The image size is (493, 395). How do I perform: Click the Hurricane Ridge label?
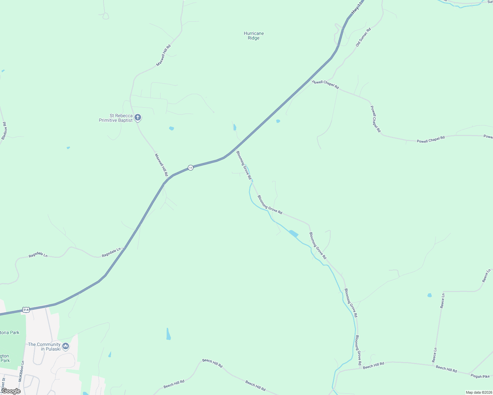tap(254, 36)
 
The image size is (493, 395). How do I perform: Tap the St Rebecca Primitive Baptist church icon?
tap(138, 118)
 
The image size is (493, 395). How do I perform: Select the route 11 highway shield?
tap(190, 168)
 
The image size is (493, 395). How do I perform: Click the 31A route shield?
tap(26, 310)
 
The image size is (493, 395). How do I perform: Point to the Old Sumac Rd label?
tap(363, 37)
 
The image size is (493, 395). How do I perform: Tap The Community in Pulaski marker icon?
tap(66, 346)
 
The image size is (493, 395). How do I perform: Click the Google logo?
tap(11, 391)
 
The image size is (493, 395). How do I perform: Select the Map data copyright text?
tap(478, 392)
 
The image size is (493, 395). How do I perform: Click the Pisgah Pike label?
tap(480, 376)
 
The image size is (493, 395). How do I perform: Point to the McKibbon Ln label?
tap(21, 371)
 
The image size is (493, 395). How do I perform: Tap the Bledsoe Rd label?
tap(4, 131)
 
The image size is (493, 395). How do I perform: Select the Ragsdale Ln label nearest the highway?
tap(111, 253)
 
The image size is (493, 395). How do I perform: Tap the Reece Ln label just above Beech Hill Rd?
tap(435, 355)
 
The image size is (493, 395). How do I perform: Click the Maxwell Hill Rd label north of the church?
tap(163, 56)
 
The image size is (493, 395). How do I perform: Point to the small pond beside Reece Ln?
tap(429, 295)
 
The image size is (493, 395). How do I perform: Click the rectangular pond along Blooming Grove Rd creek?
tap(294, 234)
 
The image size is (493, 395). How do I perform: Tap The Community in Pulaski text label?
tap(44, 347)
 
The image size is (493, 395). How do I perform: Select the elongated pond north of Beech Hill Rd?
tap(168, 334)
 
